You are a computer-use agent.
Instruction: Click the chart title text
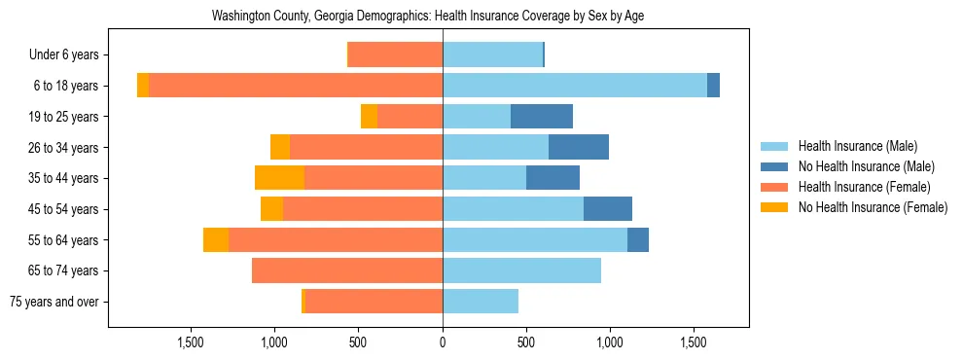coord(428,17)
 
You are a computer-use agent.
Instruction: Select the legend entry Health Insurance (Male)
coord(857,146)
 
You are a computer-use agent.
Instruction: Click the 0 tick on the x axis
coord(443,342)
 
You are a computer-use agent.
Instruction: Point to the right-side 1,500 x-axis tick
coord(694,342)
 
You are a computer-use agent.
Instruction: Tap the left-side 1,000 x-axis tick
coord(274,342)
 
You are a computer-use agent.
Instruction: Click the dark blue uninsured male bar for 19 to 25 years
coord(542,117)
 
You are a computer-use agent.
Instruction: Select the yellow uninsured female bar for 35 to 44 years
coord(280,178)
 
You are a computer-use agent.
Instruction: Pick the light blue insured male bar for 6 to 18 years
coord(575,86)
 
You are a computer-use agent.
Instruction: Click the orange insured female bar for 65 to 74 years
coord(347,270)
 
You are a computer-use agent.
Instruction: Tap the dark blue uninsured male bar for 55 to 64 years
coord(638,239)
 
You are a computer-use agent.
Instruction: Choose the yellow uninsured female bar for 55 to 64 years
coord(216,239)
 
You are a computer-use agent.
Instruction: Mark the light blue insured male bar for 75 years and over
coord(481,302)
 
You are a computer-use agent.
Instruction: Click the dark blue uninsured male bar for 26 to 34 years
coord(579,147)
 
